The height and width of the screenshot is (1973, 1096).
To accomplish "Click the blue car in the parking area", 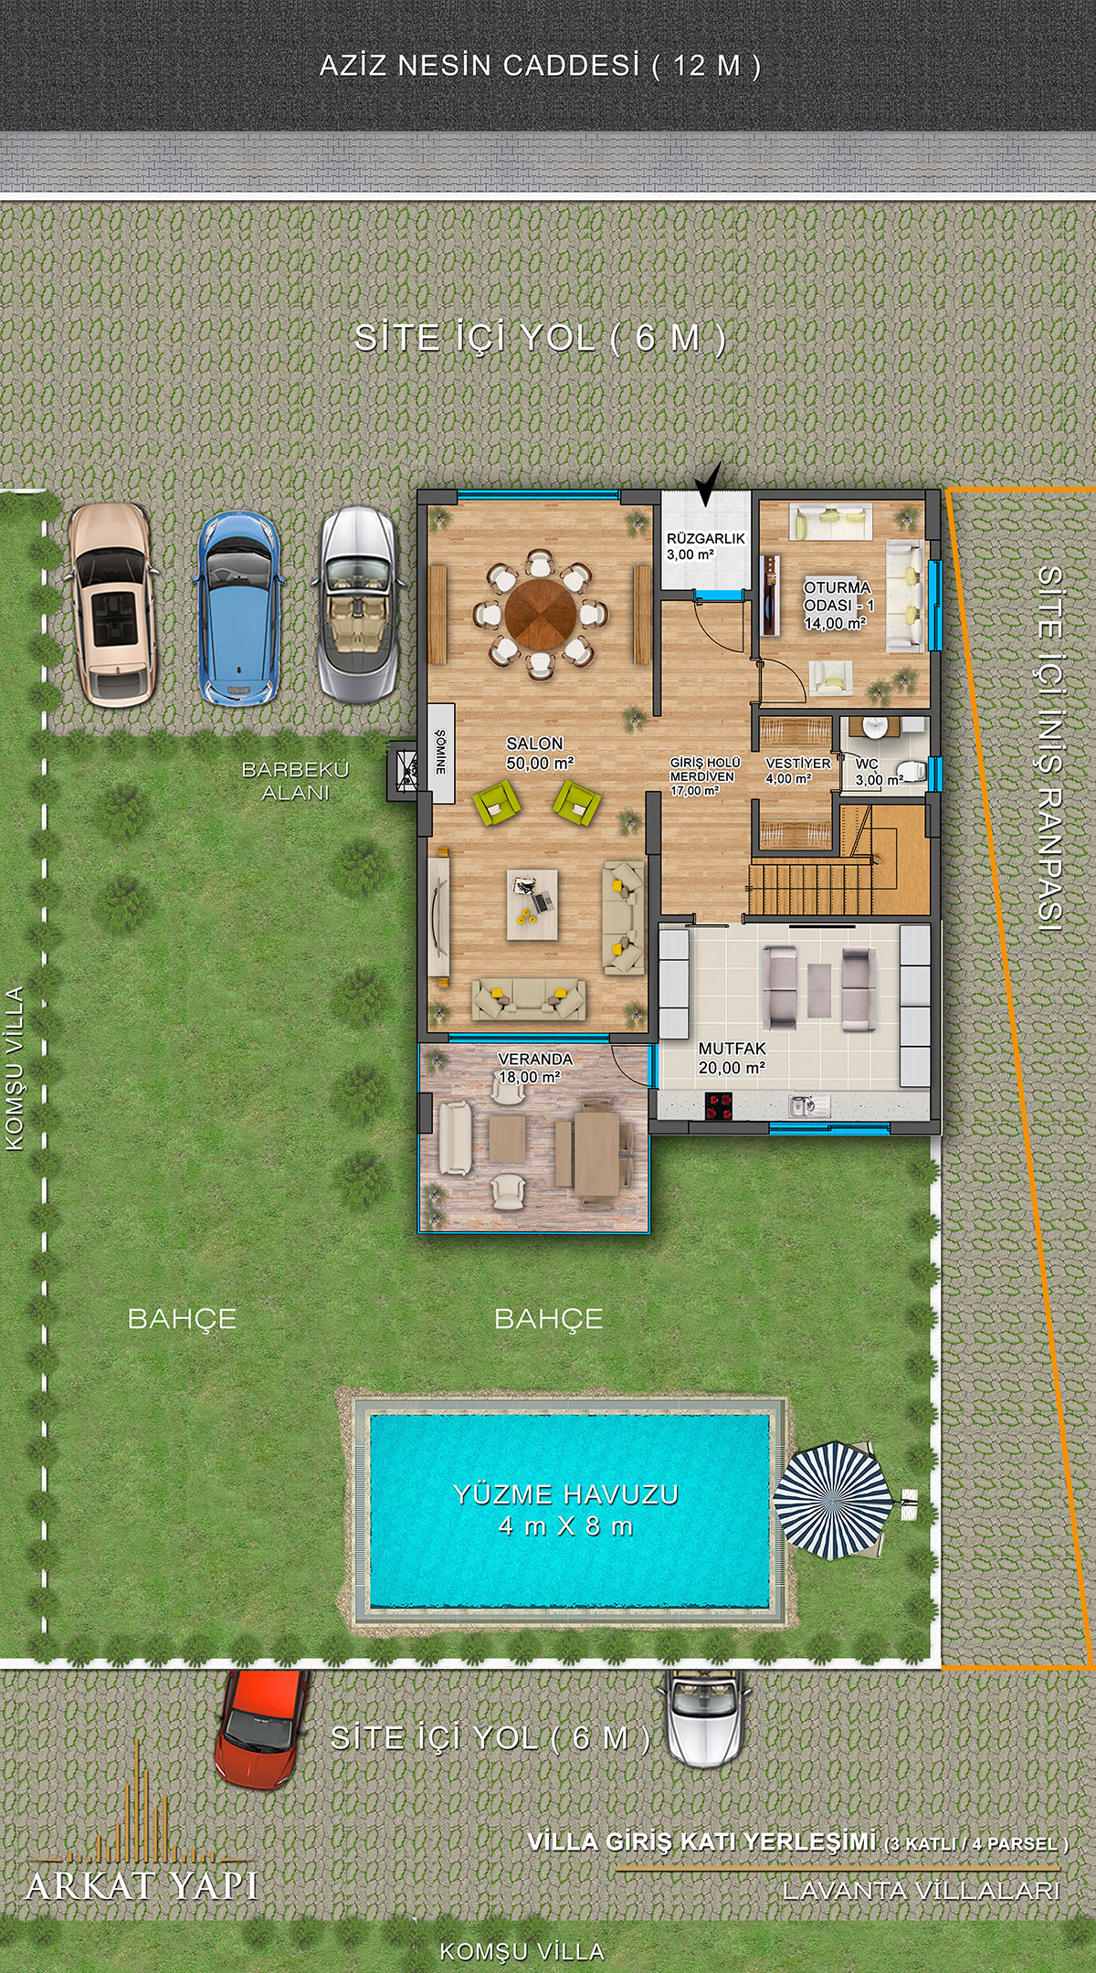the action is pos(238,608).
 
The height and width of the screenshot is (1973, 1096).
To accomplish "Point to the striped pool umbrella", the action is pos(832,1500).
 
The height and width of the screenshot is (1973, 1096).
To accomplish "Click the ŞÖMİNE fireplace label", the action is pos(440,752).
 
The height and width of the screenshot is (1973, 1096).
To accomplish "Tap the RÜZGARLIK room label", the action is pos(705,539).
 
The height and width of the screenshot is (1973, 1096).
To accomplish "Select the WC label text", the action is pos(867,764).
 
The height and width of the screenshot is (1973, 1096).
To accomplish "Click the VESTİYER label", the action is pos(798,763).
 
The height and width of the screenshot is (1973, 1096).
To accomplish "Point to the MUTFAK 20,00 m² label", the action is pos(732,1058).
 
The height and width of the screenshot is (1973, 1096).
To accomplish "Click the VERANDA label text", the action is pos(535,1059).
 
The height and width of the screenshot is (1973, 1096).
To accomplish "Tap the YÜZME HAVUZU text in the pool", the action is pos(566,1494).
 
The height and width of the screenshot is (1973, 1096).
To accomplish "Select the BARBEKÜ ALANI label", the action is pos(295,781).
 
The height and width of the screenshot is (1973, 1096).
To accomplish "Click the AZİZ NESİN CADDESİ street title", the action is pos(479,66).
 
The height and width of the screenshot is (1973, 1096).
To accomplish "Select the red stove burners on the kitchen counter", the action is pos(720,1106).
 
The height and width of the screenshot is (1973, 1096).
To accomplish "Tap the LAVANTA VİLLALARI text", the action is pos(921,1890).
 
